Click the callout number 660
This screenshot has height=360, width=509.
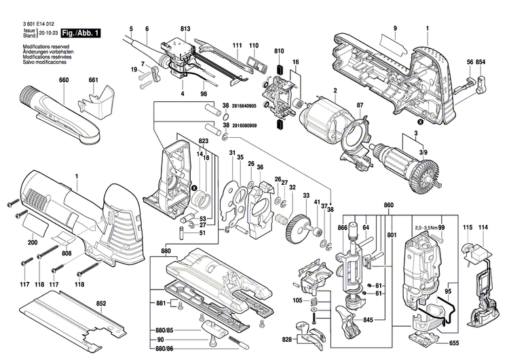[64, 80]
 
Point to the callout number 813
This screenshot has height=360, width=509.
[185, 29]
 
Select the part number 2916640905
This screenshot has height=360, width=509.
[248, 107]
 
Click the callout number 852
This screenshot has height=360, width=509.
[101, 304]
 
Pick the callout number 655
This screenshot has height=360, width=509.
[454, 344]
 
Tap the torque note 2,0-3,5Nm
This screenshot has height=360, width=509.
[425, 227]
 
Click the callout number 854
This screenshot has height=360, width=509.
[480, 62]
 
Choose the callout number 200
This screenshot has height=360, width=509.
[32, 243]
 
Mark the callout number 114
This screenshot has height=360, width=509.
[483, 226]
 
